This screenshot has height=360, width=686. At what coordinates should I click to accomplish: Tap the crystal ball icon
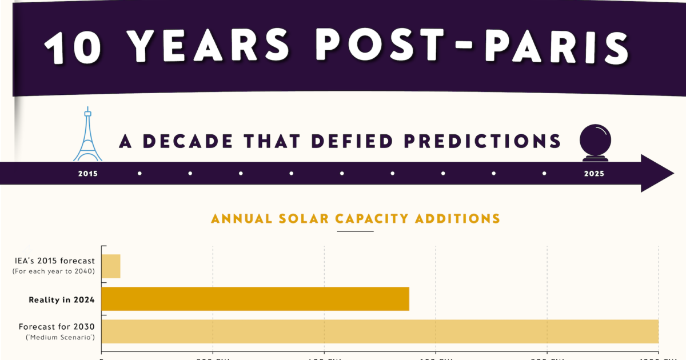coord(595,143)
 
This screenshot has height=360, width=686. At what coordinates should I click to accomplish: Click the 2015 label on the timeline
coord(88,173)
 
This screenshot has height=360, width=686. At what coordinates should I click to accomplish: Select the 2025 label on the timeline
coord(594,173)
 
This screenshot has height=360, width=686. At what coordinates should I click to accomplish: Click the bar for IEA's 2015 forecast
coord(111,266)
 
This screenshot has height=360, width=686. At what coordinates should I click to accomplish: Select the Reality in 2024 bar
coord(255,299)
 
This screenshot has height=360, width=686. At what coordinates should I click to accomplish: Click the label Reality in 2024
coord(62,299)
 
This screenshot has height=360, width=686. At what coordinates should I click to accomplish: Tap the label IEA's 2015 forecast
coord(55,261)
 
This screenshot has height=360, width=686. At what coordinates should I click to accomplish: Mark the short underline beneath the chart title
coord(355,231)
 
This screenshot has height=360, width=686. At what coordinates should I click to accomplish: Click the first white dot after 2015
coord(139,173)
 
